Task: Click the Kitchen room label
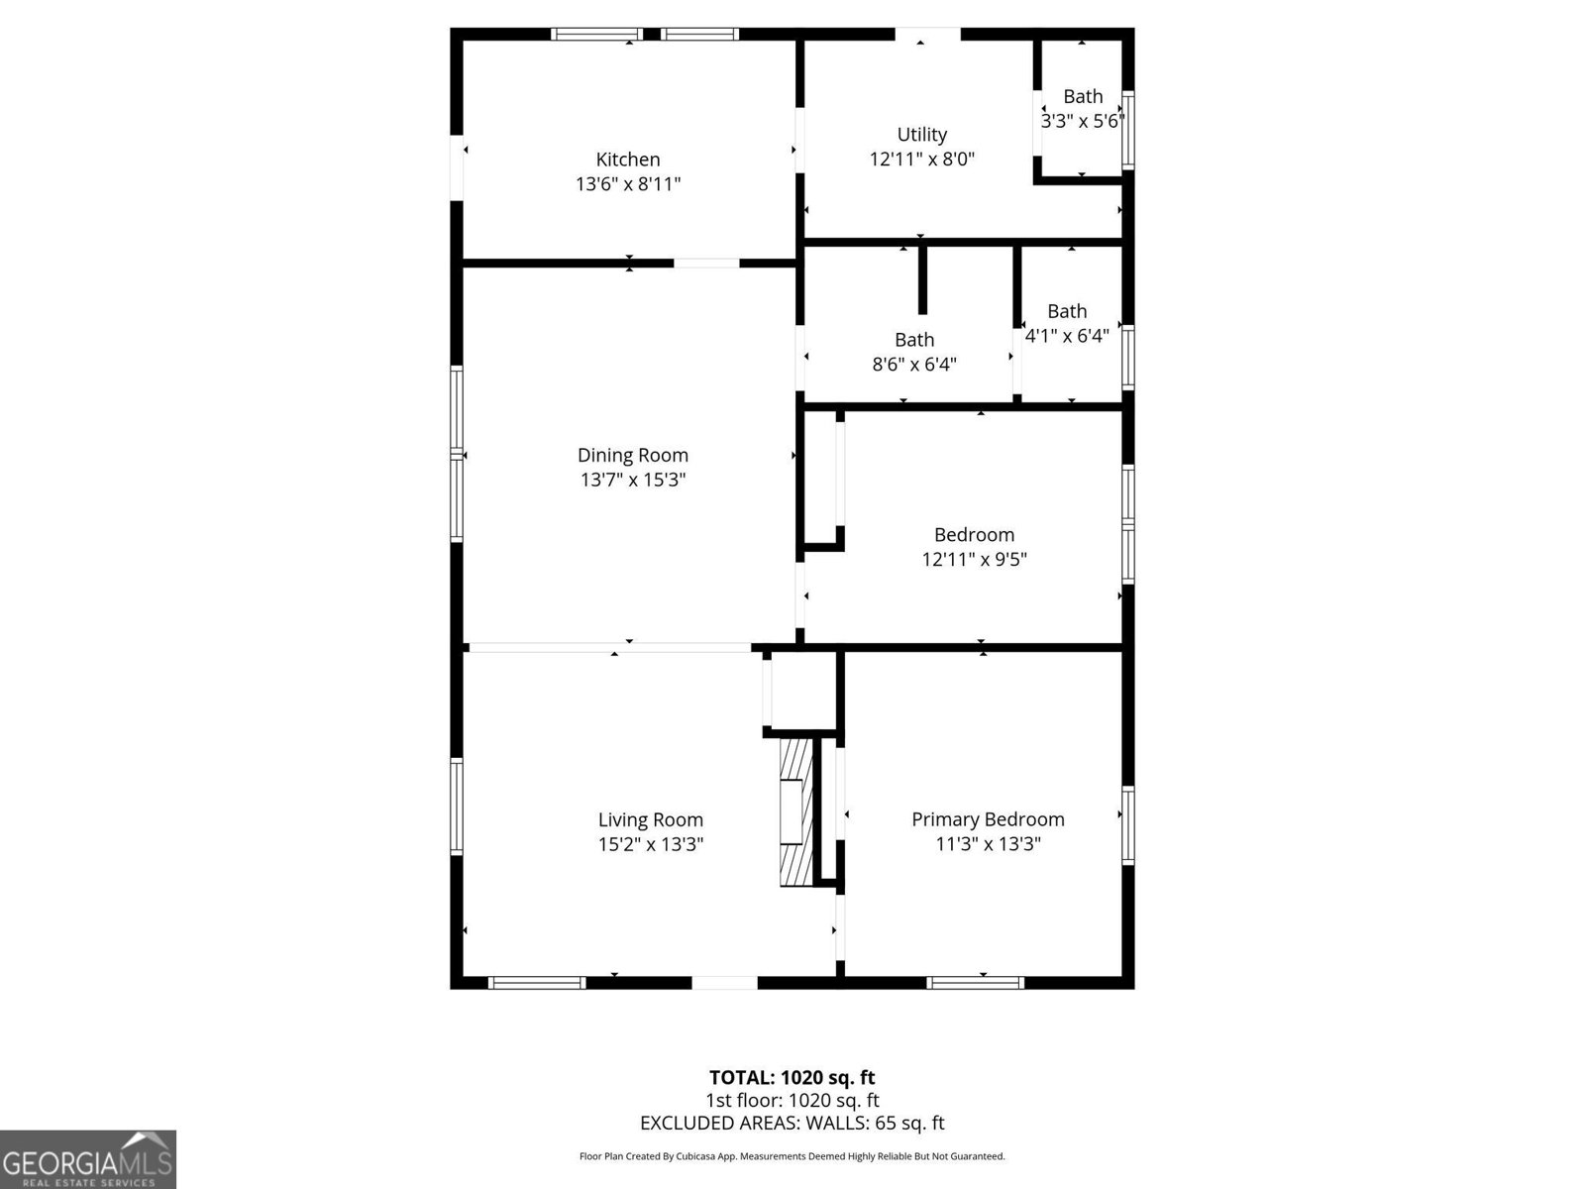point(627,160)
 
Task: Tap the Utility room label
point(921,135)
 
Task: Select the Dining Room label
point(632,455)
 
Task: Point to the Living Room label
point(650,819)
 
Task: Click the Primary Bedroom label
point(988,819)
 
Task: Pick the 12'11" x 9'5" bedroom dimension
point(974,560)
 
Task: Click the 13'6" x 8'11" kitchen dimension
point(627,184)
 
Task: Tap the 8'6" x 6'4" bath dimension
point(913,365)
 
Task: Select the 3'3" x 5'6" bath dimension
point(1082,122)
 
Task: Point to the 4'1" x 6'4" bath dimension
point(1066,336)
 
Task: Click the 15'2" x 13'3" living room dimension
point(650,845)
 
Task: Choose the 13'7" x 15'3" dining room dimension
point(632,481)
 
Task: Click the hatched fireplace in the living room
point(794,811)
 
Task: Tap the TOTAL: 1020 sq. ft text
point(792,1077)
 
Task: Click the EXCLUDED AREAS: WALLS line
point(792,1123)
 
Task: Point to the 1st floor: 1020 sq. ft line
point(792,1100)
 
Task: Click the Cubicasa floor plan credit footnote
point(792,1156)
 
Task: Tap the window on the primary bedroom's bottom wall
point(975,983)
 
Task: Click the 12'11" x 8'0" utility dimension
point(921,160)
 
